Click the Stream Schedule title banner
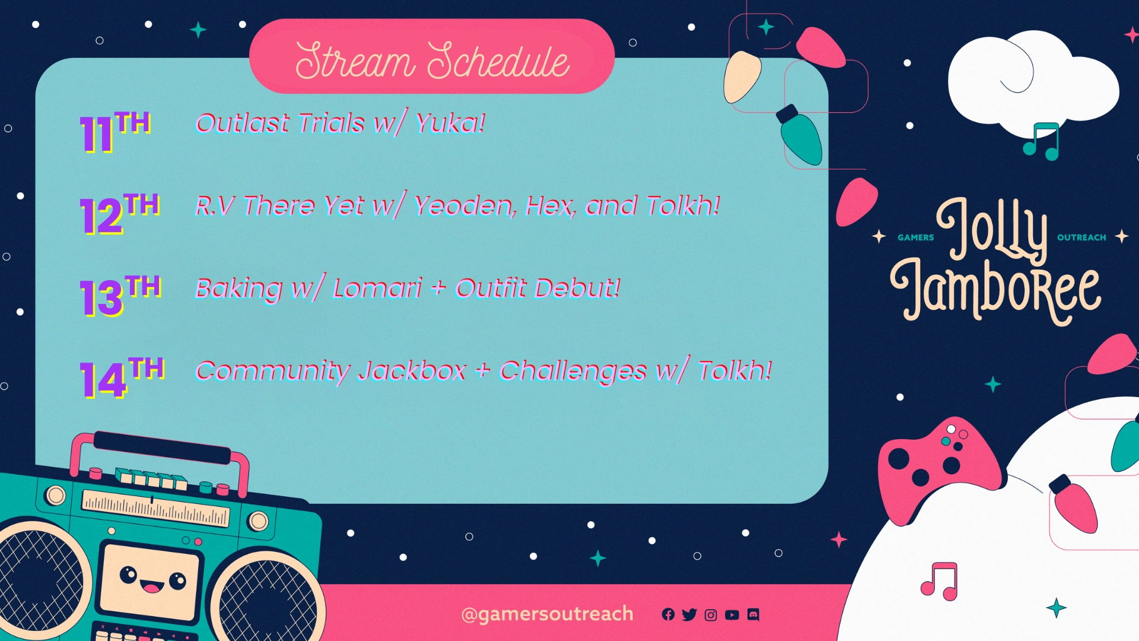click(x=432, y=56)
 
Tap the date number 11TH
click(x=115, y=132)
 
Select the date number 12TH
click(x=120, y=214)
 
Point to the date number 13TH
click(x=120, y=296)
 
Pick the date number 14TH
click(x=122, y=377)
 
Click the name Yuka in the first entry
click(x=450, y=123)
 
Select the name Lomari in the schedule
click(x=377, y=288)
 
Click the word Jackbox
click(x=412, y=372)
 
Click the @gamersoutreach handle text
click(x=547, y=614)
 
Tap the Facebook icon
click(x=668, y=615)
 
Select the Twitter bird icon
click(x=689, y=615)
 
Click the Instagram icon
click(x=711, y=615)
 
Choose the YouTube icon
click(x=732, y=615)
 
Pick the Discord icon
click(x=753, y=615)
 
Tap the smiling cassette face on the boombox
click(x=151, y=579)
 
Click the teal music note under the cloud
click(x=1042, y=142)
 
